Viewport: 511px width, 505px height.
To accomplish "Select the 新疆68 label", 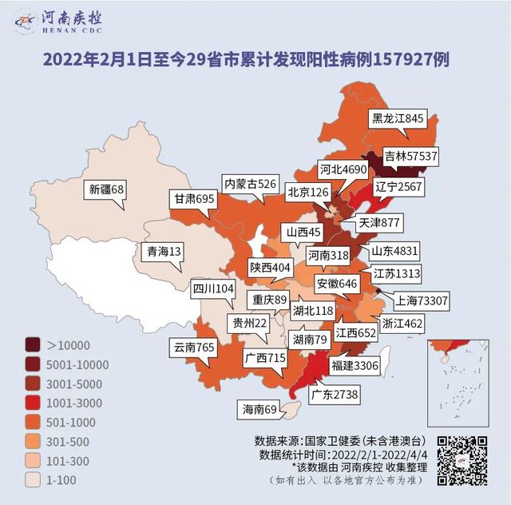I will point(107,190).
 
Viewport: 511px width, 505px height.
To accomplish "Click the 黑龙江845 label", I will point(397,118).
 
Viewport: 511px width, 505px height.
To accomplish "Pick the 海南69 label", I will point(259,410).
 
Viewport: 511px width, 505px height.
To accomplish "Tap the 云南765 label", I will point(195,348).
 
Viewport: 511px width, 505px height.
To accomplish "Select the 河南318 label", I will point(328,256).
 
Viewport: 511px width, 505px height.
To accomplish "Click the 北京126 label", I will point(308,193).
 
